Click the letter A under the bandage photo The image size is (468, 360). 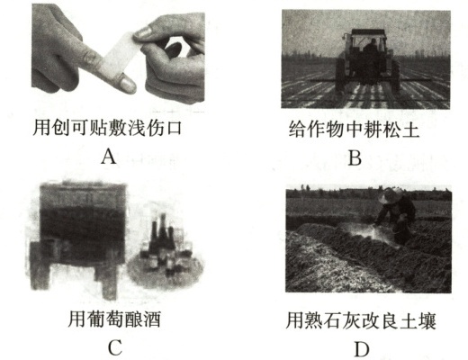[x=109, y=157]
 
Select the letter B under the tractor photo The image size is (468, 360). [x=355, y=157]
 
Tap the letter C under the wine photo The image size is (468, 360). [x=115, y=347]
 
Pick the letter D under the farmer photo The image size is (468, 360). [x=362, y=349]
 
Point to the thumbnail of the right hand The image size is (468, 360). [x=143, y=32]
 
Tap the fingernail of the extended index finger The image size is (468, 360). [x=128, y=84]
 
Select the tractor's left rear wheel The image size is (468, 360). [x=340, y=75]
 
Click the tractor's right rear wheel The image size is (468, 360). [x=395, y=75]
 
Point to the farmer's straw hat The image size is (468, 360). [x=391, y=195]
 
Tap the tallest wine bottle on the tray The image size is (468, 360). [x=163, y=231]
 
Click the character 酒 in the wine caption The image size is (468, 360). [x=152, y=319]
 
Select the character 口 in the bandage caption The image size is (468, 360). [x=173, y=129]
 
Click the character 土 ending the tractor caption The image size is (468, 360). [x=410, y=130]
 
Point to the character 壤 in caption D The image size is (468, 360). [x=427, y=320]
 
